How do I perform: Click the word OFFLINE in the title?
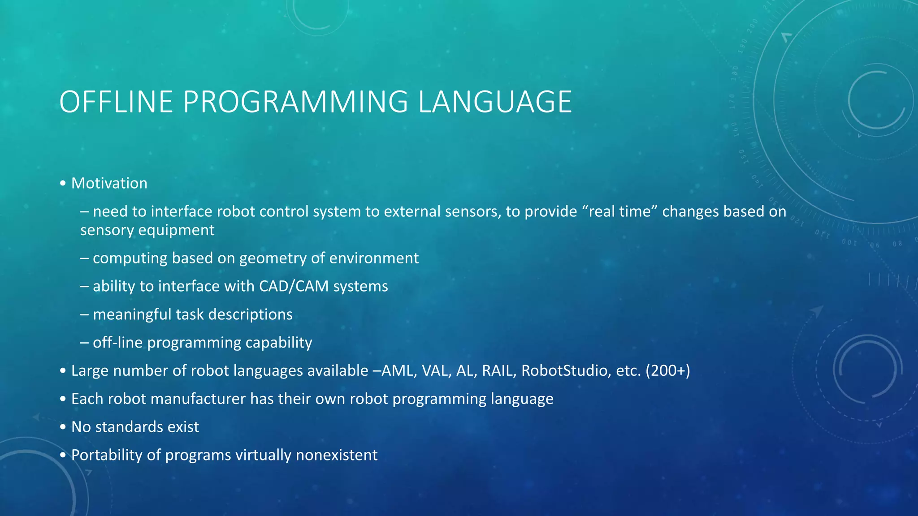[x=116, y=102]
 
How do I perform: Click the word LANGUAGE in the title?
[x=495, y=102]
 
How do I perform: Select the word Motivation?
[x=109, y=183]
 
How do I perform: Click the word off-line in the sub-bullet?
[x=117, y=343]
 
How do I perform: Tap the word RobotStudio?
[x=564, y=371]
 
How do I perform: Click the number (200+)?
[x=667, y=371]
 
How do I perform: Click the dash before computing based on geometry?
[x=84, y=258]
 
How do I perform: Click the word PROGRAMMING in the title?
[x=295, y=102]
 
